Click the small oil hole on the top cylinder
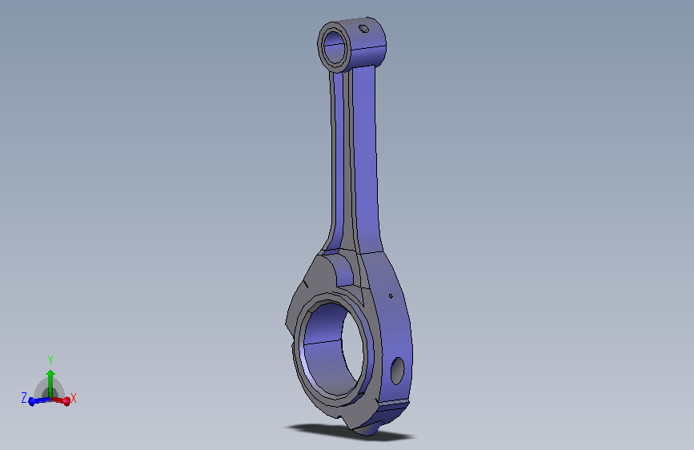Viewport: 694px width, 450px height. click(x=364, y=29)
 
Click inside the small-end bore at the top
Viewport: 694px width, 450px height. click(x=335, y=47)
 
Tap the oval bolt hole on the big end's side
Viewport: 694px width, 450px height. click(x=398, y=371)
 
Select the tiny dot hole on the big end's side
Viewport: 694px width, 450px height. click(x=391, y=296)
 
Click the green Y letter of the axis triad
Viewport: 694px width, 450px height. click(x=50, y=360)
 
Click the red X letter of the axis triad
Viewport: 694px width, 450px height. click(x=74, y=398)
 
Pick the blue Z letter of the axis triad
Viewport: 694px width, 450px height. click(x=24, y=397)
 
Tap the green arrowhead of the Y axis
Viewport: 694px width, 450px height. click(x=50, y=375)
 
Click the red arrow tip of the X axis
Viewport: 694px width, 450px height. click(x=66, y=401)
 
